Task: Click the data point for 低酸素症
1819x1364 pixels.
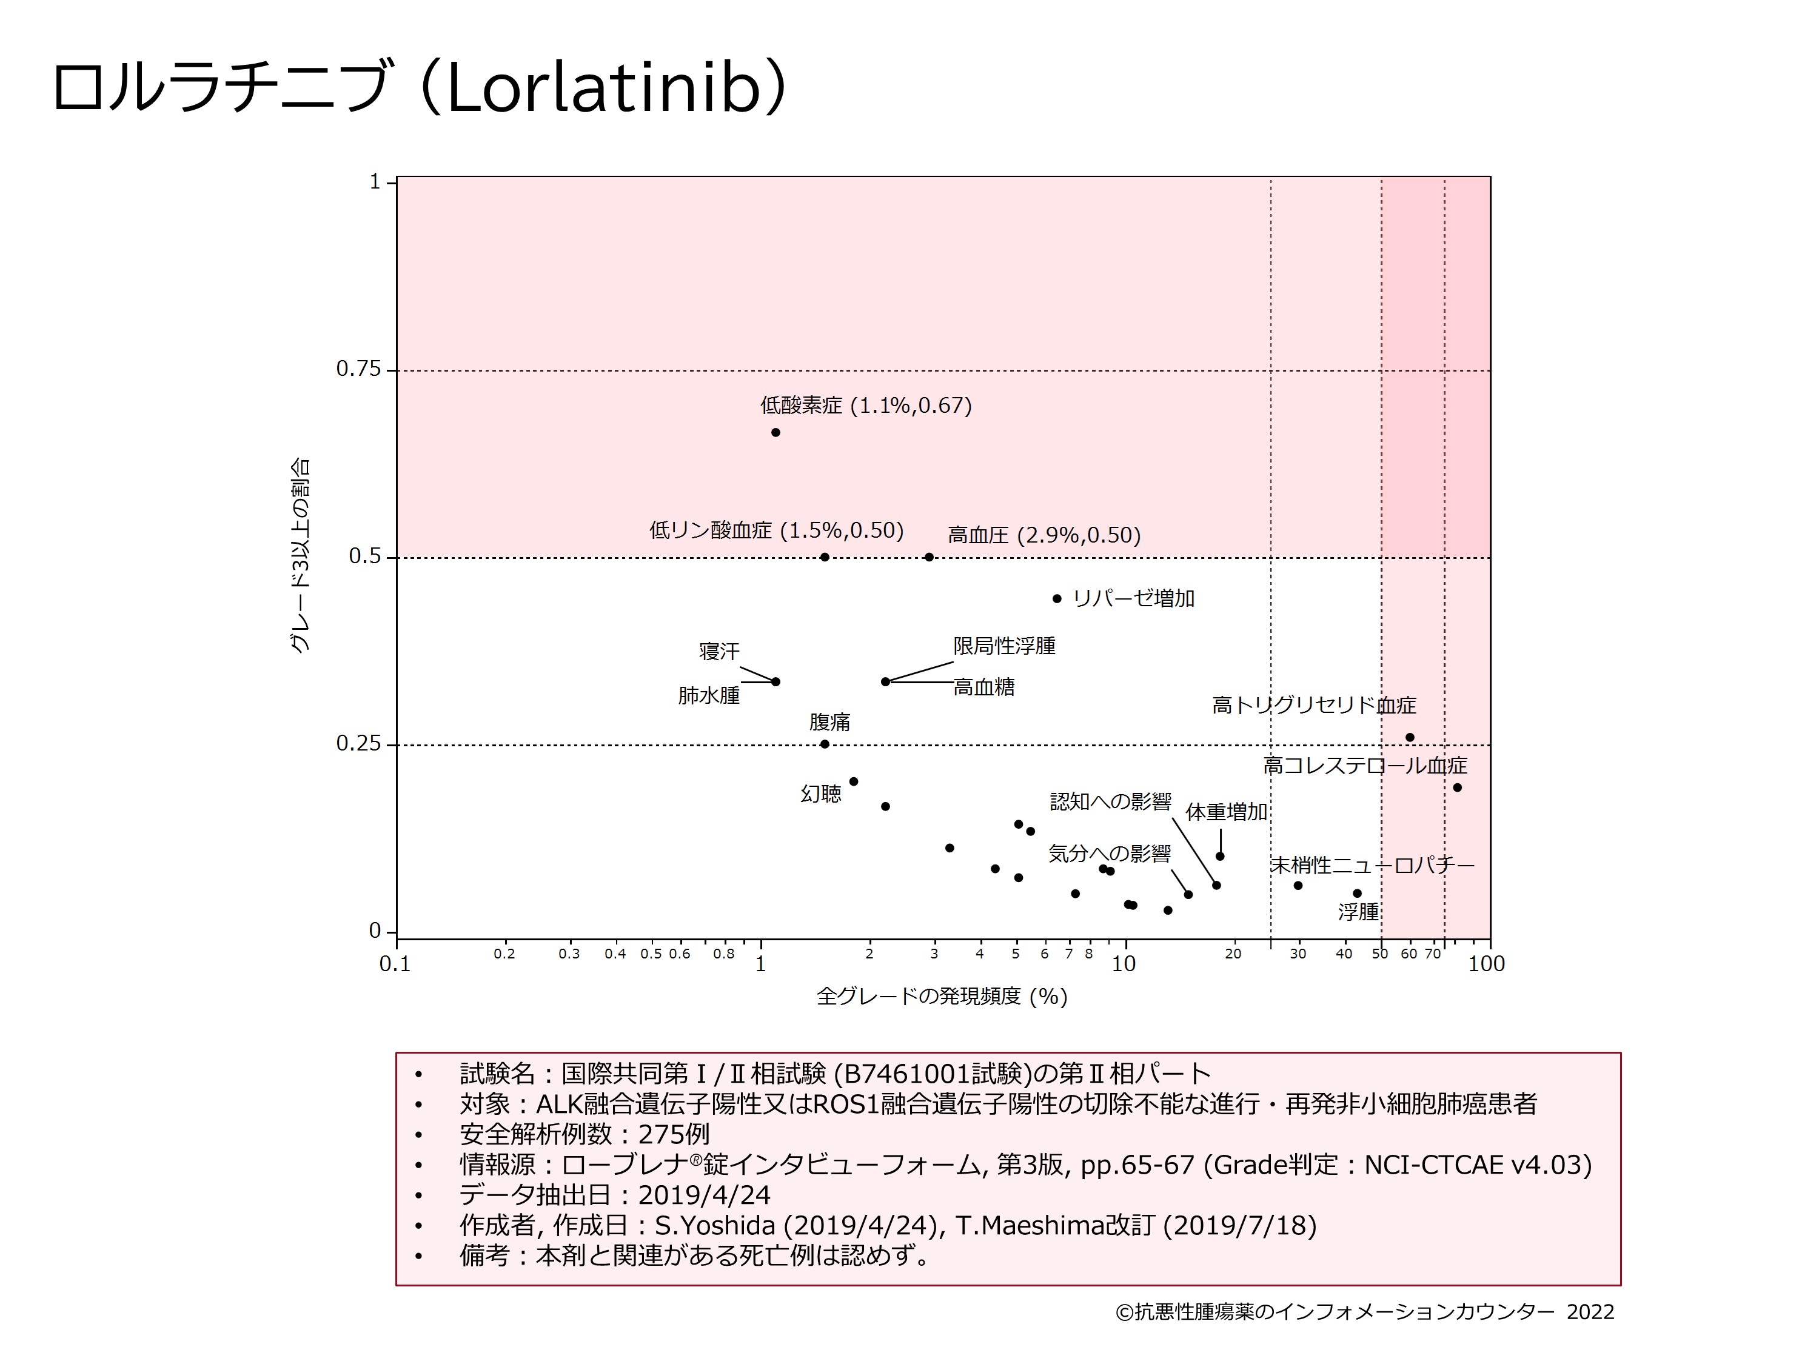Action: point(776,432)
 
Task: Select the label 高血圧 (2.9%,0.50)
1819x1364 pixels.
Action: point(1044,535)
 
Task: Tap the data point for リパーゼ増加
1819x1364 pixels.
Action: point(1057,598)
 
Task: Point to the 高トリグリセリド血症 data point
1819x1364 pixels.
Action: point(1410,738)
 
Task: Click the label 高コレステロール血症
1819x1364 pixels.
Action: point(1365,766)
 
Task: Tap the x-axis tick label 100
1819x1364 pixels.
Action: point(1487,964)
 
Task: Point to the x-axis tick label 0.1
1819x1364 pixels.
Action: point(395,964)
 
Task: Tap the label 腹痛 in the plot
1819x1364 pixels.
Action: point(829,722)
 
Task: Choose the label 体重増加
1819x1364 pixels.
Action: point(1226,812)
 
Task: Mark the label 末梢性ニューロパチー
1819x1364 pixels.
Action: point(1373,865)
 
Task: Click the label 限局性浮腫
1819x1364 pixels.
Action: point(1004,646)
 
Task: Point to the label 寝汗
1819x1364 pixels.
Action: point(720,651)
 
